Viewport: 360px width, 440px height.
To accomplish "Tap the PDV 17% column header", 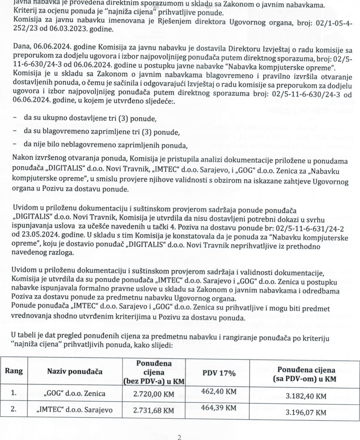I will coord(218,373).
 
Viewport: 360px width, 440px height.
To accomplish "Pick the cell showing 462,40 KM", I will coord(218,391).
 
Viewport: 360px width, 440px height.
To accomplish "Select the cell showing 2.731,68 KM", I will coord(153,410).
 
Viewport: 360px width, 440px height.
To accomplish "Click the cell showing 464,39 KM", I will coord(218,407).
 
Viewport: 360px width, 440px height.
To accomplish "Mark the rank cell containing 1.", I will coord(14,394).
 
